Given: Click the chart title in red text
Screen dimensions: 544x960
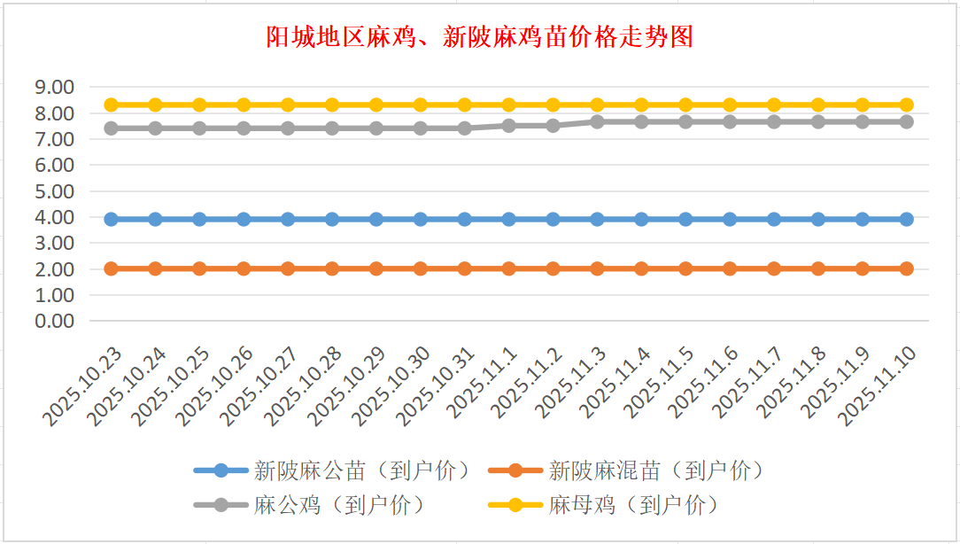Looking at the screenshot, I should (479, 37).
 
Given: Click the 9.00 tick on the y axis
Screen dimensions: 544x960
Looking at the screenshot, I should (53, 87).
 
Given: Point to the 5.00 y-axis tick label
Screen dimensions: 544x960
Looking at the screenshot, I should (53, 190).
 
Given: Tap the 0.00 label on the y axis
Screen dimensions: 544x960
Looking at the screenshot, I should (53, 320).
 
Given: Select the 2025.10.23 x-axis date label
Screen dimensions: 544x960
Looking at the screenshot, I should (85, 386).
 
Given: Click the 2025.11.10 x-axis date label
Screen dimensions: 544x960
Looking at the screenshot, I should (881, 386).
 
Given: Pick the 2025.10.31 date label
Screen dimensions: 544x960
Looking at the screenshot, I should (439, 386).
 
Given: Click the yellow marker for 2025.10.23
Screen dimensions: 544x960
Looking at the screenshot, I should (112, 105).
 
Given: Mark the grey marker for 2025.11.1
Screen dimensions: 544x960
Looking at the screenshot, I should (509, 126).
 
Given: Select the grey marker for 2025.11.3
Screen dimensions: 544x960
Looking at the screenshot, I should (598, 121).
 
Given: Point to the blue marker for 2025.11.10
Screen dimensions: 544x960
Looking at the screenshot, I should (907, 219).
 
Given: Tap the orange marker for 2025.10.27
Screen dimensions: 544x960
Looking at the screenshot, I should (288, 268).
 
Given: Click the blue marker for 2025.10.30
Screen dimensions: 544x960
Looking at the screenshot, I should (421, 219).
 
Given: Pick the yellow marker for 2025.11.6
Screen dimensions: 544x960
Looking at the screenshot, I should (730, 105).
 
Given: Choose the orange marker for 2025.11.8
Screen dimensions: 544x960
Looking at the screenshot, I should (818, 268).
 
